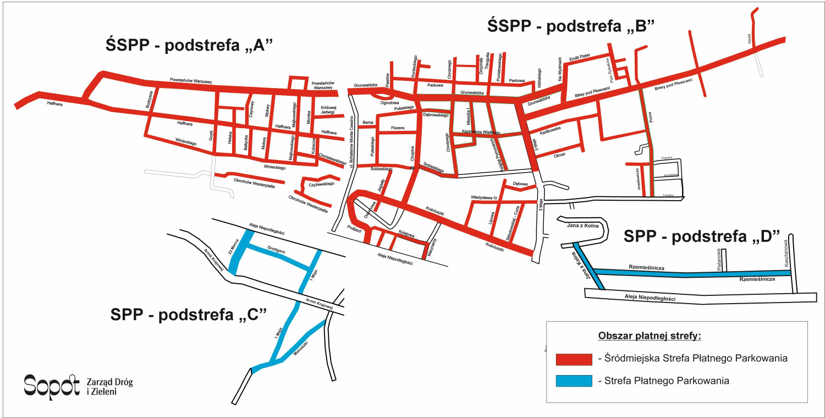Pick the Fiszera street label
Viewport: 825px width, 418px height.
[397, 128]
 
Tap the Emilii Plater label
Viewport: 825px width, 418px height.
[580, 58]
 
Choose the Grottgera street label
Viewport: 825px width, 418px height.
[276, 250]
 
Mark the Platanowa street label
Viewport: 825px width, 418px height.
[718, 258]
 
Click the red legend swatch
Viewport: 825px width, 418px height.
[574, 359]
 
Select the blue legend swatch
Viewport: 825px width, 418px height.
[574, 381]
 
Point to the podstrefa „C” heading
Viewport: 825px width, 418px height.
[189, 315]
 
